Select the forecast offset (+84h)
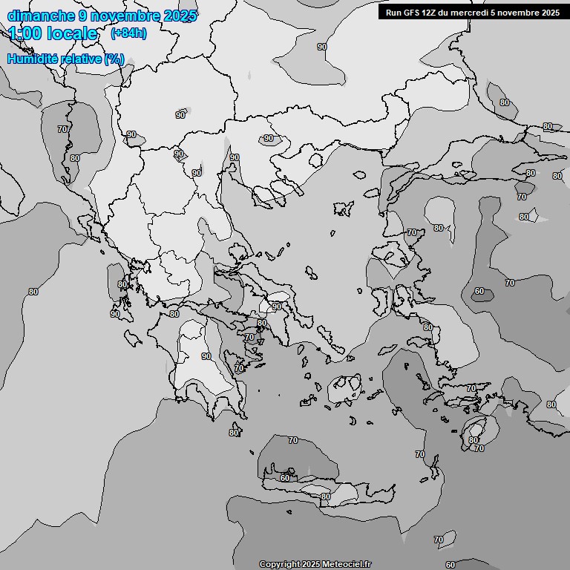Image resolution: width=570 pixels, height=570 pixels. click(x=128, y=33)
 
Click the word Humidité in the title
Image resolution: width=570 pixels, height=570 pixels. click(x=34, y=59)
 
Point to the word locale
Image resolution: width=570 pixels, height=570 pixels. click(x=72, y=33)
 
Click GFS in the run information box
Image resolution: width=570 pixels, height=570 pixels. click(x=413, y=13)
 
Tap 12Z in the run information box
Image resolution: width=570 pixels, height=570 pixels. click(x=433, y=13)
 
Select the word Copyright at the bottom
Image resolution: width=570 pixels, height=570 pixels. click(x=279, y=564)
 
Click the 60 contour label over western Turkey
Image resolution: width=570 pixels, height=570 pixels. click(x=479, y=292)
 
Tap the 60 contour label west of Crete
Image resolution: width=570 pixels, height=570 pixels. click(x=285, y=478)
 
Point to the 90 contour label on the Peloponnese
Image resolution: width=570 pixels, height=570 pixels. click(x=206, y=357)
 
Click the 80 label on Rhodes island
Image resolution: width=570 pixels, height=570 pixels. click(x=474, y=440)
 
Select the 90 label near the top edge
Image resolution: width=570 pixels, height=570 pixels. click(x=322, y=47)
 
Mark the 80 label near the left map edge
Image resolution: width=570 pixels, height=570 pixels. click(x=33, y=292)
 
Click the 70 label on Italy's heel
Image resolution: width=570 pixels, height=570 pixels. click(x=62, y=129)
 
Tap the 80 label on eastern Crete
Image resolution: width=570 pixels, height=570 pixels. click(x=325, y=497)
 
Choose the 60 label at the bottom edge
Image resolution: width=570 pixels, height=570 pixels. click(x=450, y=565)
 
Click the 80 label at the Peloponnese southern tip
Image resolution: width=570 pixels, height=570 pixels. click(x=234, y=433)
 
